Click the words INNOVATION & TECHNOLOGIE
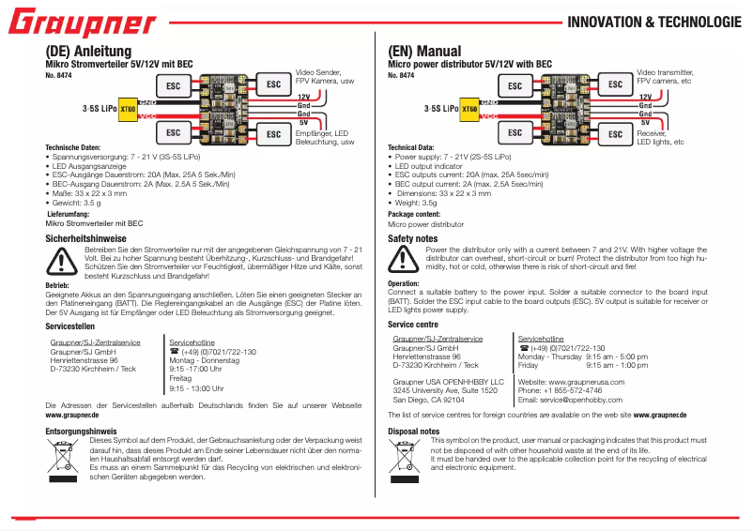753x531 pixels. click(654, 23)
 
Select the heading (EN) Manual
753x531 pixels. click(424, 51)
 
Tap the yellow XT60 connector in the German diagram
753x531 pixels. click(128, 109)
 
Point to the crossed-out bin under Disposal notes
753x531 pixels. click(407, 454)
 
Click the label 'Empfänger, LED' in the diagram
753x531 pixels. click(322, 133)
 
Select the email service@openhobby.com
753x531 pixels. click(576, 400)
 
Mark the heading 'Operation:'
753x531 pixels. click(404, 282)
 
